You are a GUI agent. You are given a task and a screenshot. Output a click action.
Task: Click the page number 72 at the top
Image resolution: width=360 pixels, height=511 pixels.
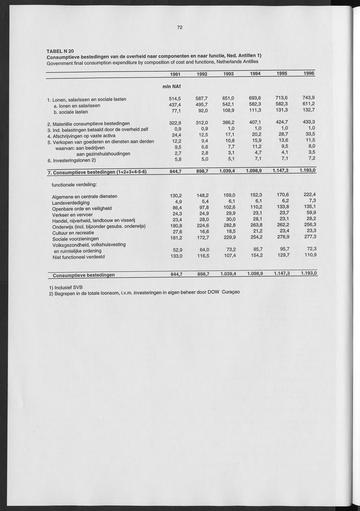point(179,27)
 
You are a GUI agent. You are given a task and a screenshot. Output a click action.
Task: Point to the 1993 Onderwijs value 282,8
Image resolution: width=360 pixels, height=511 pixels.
point(227,226)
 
